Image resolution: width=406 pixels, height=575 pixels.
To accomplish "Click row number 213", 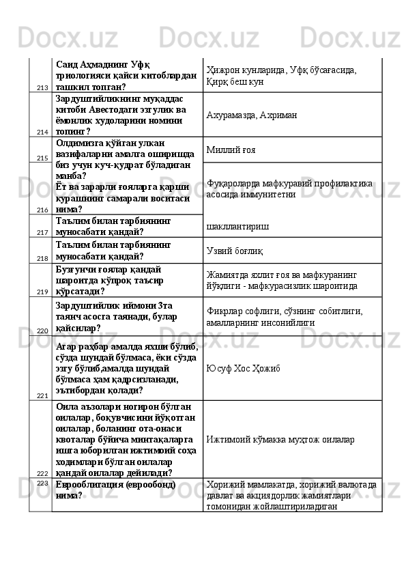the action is tap(42, 87).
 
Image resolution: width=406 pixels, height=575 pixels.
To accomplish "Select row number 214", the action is tap(42, 131).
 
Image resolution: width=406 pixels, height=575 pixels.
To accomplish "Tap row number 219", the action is tap(42, 292).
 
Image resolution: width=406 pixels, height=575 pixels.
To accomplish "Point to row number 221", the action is tap(42, 395).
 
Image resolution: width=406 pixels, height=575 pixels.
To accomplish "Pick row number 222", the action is tap(42, 473).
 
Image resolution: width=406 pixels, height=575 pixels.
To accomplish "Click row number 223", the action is tap(42, 483).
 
